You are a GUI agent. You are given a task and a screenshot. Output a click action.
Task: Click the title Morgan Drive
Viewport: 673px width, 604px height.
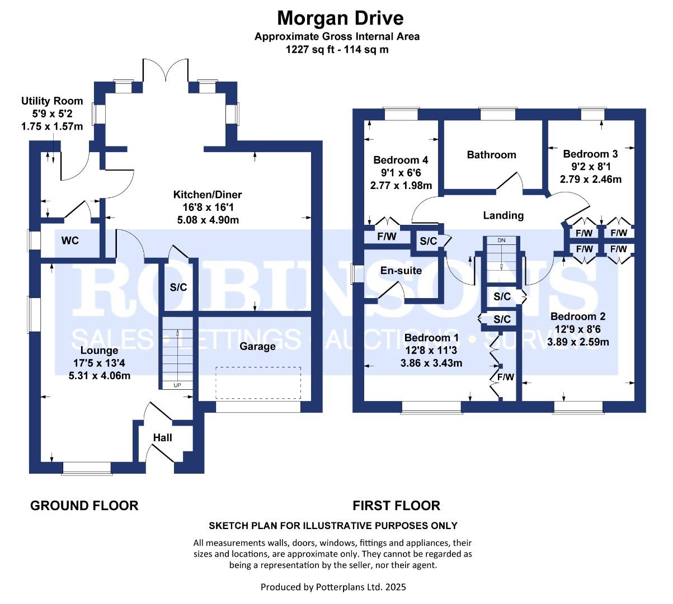point(340,18)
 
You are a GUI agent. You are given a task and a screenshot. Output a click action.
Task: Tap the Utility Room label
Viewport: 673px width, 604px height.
point(52,101)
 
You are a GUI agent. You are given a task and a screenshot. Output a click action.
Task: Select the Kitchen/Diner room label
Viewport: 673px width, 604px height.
point(208,195)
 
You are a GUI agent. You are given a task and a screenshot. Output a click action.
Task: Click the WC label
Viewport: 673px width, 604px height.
point(70,240)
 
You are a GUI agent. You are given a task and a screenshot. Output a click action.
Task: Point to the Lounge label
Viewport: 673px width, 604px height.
point(100,350)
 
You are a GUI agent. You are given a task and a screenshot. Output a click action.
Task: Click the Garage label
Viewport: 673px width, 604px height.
point(257,346)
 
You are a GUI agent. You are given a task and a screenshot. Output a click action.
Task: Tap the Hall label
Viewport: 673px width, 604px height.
point(162,438)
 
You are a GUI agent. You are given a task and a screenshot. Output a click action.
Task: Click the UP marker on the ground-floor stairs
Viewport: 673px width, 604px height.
point(177,385)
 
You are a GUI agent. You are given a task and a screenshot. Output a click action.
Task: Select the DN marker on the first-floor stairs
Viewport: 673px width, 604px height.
point(501,240)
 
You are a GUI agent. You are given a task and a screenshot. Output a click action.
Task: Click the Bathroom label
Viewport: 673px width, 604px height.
point(491,155)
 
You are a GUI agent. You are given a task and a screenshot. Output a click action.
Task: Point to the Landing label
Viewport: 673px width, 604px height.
point(503,215)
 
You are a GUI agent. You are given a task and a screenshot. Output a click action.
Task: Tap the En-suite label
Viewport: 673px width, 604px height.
point(401,271)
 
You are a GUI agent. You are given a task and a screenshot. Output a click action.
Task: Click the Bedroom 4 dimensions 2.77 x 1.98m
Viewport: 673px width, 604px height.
point(401,185)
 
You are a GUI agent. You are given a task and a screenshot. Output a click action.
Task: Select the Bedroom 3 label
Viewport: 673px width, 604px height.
point(590,154)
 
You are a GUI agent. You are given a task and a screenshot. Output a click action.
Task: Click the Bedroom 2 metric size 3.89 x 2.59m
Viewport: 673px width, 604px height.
point(578,342)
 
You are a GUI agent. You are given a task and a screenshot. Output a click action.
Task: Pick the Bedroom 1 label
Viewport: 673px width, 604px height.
point(431,338)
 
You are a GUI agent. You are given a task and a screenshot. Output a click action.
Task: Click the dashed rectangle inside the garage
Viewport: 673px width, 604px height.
point(258,383)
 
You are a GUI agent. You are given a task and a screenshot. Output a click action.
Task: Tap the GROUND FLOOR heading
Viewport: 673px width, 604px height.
point(84,506)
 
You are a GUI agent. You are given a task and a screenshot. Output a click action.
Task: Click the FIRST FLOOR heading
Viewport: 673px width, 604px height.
point(396,506)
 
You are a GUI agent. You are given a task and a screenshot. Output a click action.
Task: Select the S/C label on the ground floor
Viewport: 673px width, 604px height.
point(178,287)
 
